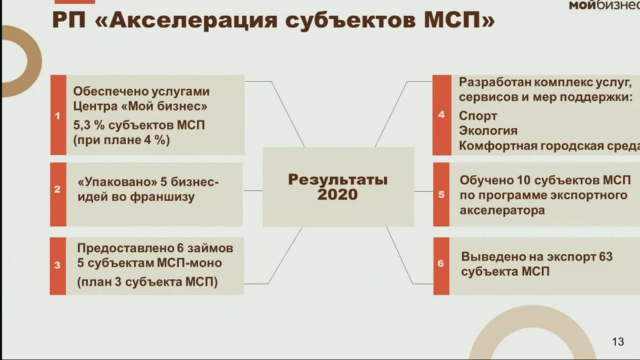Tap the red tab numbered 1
[58, 115]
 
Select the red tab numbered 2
[58, 194]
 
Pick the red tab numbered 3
[57, 266]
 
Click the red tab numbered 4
[441, 115]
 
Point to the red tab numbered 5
[441, 194]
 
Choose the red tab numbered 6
[441, 266]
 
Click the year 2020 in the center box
[337, 194]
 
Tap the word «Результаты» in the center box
[337, 179]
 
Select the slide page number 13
[618, 341]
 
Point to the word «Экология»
[488, 131]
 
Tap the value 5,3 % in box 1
[89, 125]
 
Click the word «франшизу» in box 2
[162, 197]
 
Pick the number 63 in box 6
[605, 256]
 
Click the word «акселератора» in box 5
[502, 210]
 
